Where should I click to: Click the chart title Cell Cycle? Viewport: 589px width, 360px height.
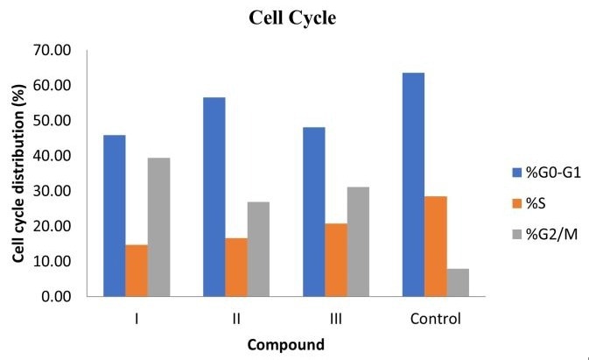[x=287, y=18]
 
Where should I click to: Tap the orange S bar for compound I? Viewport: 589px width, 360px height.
[x=137, y=271]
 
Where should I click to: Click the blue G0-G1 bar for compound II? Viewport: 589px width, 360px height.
[x=214, y=197]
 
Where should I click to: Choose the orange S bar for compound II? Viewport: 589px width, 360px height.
[x=236, y=267]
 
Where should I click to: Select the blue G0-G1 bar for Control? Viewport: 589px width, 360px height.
[x=413, y=185]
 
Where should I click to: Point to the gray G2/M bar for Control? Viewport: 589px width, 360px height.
[x=458, y=282]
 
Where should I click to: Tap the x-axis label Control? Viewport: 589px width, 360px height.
[x=435, y=318]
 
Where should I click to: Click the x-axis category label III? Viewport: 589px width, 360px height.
[x=335, y=318]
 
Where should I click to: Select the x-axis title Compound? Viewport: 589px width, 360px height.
[x=285, y=344]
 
